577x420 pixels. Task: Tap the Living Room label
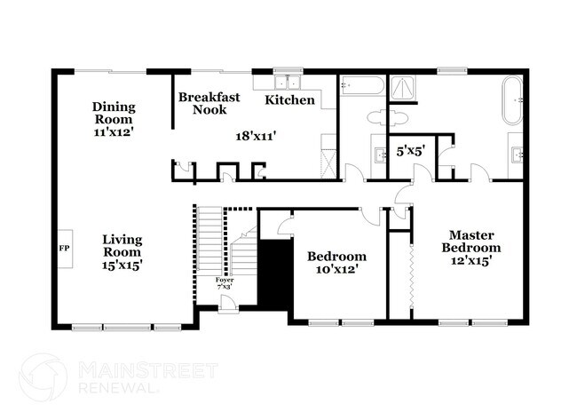[x=122, y=251]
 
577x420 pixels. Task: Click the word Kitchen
[x=290, y=100]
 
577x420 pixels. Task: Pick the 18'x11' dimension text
[x=255, y=137]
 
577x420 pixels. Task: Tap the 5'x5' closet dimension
[x=410, y=152]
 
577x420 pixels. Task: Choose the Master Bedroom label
[x=471, y=248]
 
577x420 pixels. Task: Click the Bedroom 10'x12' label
[x=336, y=264]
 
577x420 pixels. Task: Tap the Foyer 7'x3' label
[x=225, y=283]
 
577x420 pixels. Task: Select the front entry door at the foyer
[x=228, y=304]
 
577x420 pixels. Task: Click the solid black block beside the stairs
[x=274, y=271]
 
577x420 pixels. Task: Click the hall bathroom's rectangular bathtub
[x=362, y=85]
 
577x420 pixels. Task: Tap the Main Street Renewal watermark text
[x=125, y=376]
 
